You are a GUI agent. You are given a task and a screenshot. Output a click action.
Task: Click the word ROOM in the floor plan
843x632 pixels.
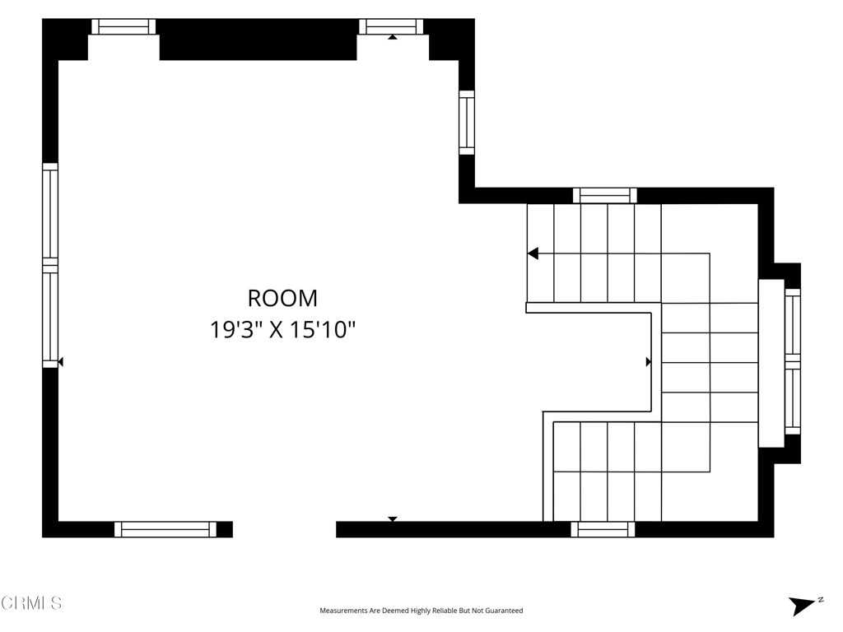click(x=282, y=298)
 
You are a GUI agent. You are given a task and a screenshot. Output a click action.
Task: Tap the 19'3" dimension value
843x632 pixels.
click(x=235, y=329)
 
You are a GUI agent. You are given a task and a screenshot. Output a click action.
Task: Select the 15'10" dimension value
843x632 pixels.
click(x=323, y=329)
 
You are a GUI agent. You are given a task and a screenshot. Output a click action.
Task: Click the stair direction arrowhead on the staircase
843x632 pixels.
click(x=533, y=253)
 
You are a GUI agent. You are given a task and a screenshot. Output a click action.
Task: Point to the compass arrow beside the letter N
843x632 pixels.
click(x=802, y=606)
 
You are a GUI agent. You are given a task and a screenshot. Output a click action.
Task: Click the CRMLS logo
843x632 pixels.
click(x=31, y=603)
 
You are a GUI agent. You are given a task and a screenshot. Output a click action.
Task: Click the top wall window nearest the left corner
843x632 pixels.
click(x=123, y=27)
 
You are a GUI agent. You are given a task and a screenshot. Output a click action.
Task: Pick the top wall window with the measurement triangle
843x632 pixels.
click(x=391, y=27)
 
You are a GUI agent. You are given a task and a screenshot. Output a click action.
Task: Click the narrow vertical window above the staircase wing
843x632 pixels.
click(x=467, y=123)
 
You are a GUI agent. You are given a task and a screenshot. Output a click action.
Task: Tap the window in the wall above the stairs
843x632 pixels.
click(x=605, y=196)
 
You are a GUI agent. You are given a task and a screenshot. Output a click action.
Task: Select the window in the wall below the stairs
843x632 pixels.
click(x=603, y=529)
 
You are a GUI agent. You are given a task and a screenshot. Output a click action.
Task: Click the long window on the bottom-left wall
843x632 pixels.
click(x=165, y=529)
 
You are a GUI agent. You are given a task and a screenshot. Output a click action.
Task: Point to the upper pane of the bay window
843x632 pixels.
click(x=793, y=323)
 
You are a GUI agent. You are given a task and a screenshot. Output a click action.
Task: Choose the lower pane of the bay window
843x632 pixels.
click(x=793, y=396)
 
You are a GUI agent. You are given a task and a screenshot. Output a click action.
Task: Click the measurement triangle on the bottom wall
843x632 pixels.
click(x=393, y=519)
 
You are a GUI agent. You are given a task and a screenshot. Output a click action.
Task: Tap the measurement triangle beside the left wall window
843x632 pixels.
click(x=61, y=362)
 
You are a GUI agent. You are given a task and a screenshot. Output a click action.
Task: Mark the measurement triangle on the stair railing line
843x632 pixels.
click(x=649, y=362)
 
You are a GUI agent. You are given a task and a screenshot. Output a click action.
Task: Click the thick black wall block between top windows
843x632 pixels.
click(x=258, y=39)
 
